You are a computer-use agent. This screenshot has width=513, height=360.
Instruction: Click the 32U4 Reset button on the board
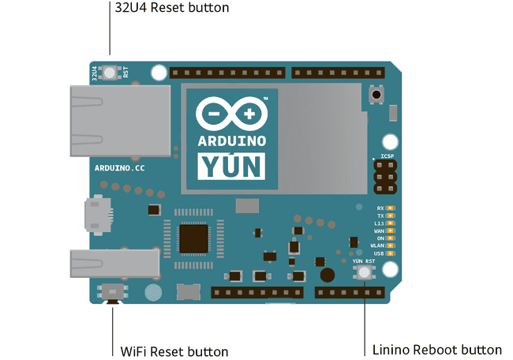[x=110, y=73]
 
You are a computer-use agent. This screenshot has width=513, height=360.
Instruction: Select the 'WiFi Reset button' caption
[x=174, y=351]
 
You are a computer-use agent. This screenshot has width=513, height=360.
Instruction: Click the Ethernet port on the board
[x=118, y=120]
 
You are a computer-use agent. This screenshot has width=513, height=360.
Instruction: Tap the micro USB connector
[x=99, y=216]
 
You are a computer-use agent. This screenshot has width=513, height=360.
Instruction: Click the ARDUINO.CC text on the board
[x=119, y=169]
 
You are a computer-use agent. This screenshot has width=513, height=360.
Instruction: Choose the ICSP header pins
[x=387, y=178]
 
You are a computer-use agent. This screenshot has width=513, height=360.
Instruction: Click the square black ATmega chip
[x=194, y=238]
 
